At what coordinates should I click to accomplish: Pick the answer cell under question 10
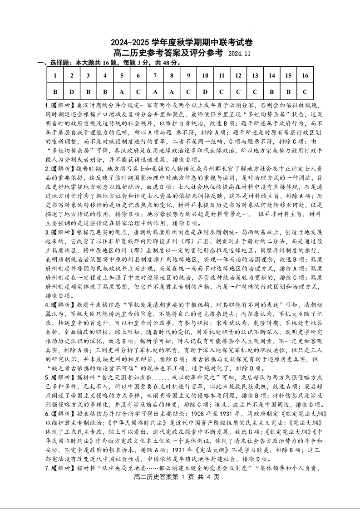point(205,91)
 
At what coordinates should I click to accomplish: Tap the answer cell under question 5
point(121,91)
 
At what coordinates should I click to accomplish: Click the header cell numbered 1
point(55,75)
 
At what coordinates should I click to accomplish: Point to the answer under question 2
point(71,91)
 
